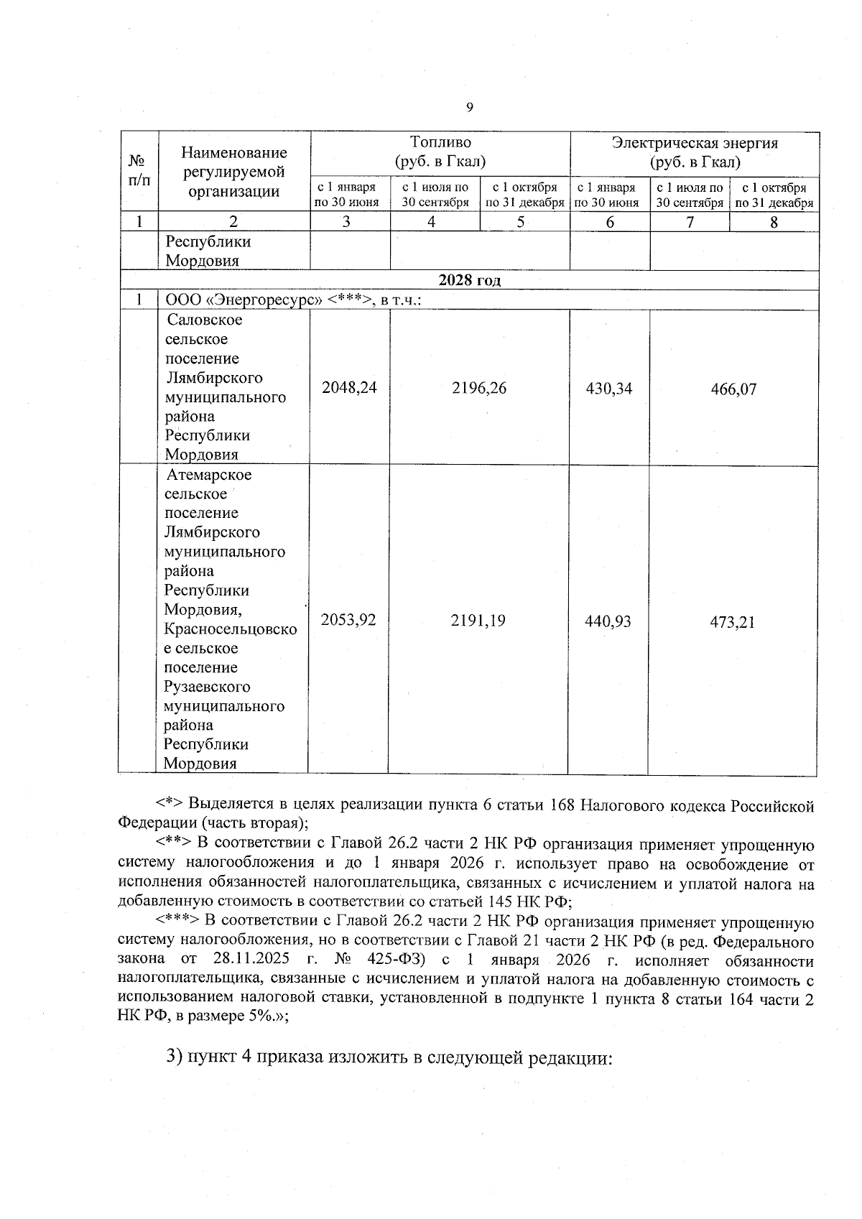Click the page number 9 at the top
pos(469,108)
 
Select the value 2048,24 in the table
pos(349,388)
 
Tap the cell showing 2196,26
pos(479,388)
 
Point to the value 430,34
pos(609,389)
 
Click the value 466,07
pos(733,389)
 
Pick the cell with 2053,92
pos(348,619)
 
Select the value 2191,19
pos(478,620)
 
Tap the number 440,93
pos(608,621)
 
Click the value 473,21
pos(732,621)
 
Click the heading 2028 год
pos(469,280)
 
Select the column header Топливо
pos(440,142)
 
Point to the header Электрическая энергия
pos(695,142)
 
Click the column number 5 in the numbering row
pos(520,222)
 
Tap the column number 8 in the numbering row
pos(774,222)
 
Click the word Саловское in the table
pos(205,320)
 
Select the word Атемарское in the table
pos(209,475)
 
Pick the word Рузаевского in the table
pos(207,687)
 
